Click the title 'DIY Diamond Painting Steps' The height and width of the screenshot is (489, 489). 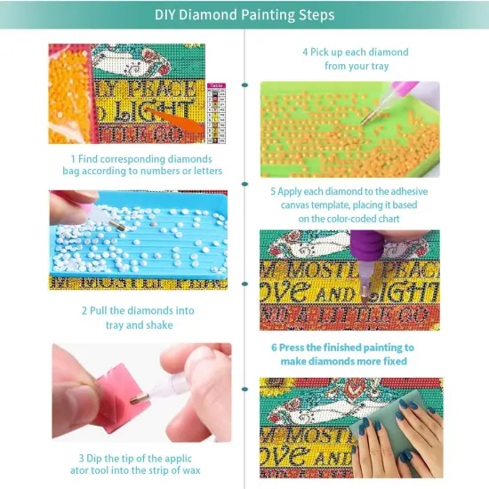244,15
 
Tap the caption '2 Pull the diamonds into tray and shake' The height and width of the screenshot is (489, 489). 138,318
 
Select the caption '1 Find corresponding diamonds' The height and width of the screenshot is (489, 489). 146,164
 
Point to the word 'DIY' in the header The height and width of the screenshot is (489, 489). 166,15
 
